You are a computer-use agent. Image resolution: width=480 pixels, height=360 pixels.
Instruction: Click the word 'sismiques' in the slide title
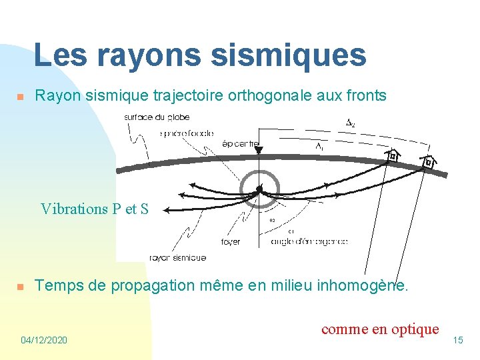click(x=289, y=55)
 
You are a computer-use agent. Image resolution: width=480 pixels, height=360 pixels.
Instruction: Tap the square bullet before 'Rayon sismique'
click(x=20, y=97)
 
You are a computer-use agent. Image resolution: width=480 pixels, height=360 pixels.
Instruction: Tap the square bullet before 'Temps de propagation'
click(x=20, y=287)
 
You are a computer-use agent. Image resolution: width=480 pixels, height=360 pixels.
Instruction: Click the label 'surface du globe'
click(x=157, y=117)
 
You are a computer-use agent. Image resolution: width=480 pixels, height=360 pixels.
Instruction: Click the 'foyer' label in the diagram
click(x=230, y=241)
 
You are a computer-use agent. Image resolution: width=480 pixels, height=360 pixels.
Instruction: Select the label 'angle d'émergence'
click(x=309, y=241)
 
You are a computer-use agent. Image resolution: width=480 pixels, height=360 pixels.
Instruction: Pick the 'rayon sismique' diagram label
click(x=177, y=257)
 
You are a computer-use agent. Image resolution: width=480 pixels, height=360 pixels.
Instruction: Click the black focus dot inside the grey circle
click(x=259, y=189)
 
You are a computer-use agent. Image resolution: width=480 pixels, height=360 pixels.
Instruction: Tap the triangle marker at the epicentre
click(x=258, y=151)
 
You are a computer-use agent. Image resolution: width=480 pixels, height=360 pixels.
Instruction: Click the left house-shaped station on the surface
click(x=393, y=156)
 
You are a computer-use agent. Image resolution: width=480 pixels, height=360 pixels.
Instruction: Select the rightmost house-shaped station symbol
click(x=429, y=162)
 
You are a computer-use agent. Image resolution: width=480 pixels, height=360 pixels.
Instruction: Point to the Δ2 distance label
click(x=350, y=123)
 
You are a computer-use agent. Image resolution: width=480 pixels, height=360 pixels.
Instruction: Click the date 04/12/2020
click(x=44, y=340)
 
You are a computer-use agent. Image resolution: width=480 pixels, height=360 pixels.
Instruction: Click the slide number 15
click(x=457, y=340)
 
